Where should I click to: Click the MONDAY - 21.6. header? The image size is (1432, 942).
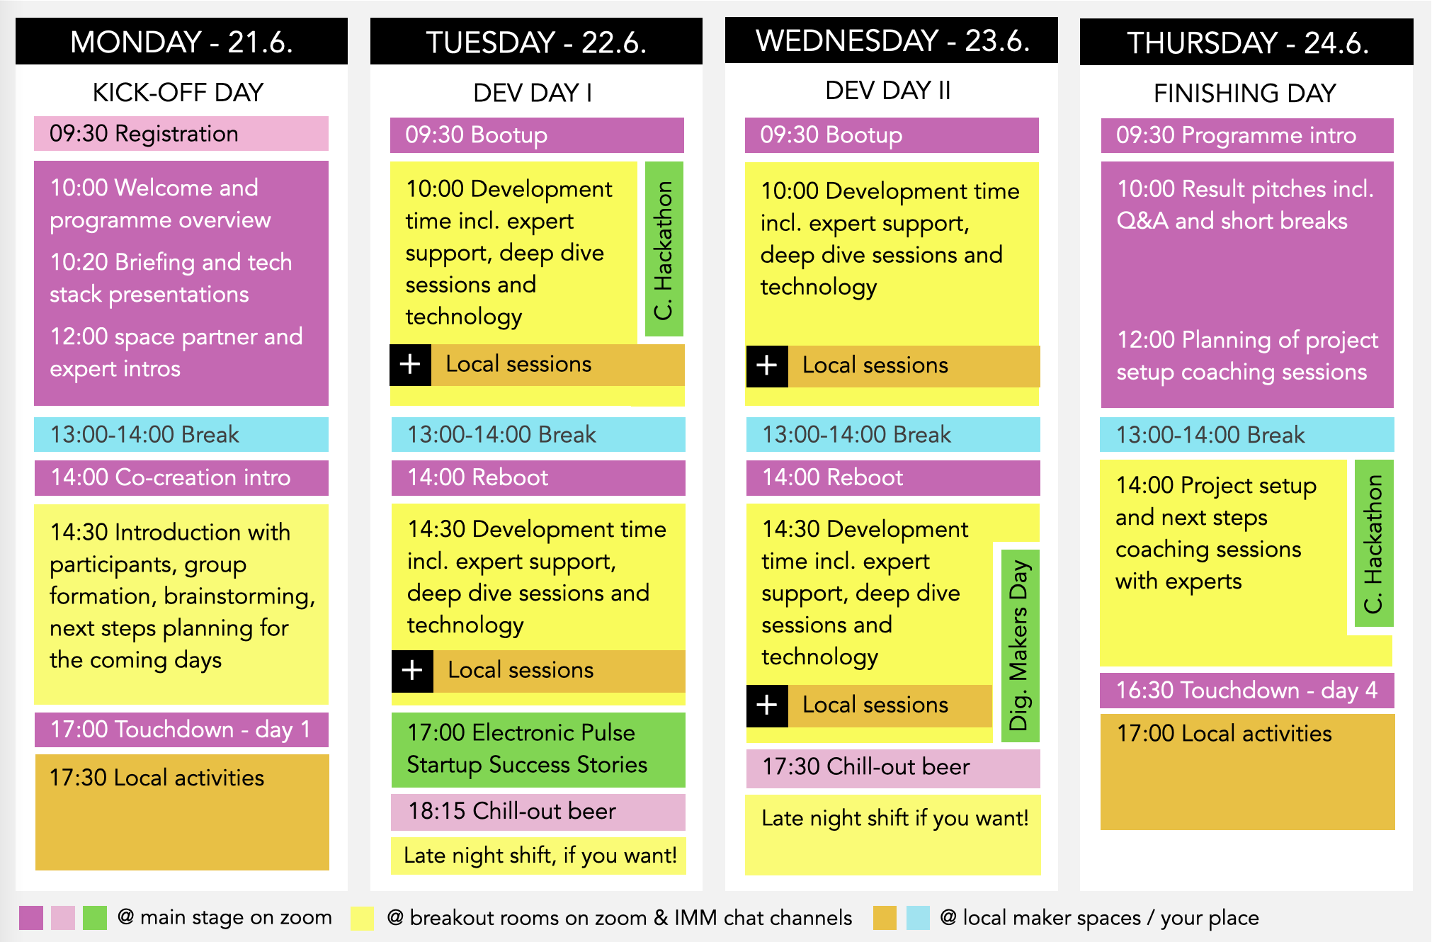click(x=181, y=42)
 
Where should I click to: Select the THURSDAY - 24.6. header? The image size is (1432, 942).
click(x=1246, y=42)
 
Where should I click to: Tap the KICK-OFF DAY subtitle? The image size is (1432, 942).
click(x=178, y=92)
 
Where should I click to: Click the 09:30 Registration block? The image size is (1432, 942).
click(x=181, y=134)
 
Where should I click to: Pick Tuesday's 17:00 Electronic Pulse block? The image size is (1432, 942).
click(x=538, y=749)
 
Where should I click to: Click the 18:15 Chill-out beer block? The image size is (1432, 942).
click(x=538, y=812)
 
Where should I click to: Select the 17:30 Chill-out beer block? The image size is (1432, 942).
click(x=893, y=768)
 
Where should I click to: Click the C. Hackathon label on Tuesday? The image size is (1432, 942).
click(x=664, y=249)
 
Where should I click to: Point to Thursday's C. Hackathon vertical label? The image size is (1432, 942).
click(x=1374, y=543)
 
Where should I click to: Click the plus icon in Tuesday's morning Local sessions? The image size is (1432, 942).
click(x=411, y=365)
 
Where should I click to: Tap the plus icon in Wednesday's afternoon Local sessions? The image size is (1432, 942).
click(x=767, y=705)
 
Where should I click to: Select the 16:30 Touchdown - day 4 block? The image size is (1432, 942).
click(x=1247, y=690)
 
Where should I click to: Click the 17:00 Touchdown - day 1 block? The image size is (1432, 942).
click(x=181, y=730)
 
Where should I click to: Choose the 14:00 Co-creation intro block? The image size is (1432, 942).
click(x=181, y=477)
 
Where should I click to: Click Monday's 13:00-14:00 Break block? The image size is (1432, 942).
click(x=181, y=434)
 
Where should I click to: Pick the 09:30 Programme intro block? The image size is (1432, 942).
click(x=1247, y=135)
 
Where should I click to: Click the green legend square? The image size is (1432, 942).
click(x=95, y=917)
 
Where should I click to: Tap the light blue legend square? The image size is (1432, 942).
click(x=919, y=917)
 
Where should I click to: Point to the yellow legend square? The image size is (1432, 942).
click(x=362, y=917)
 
